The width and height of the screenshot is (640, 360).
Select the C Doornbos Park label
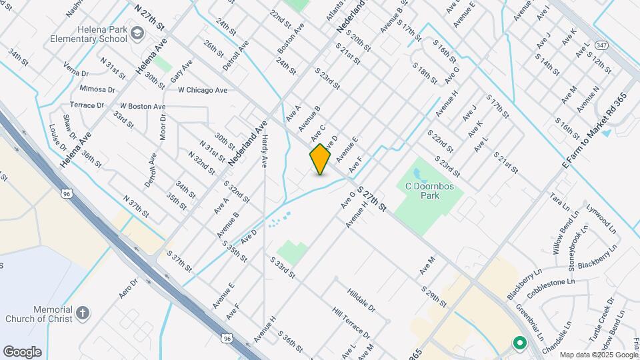click(430, 191)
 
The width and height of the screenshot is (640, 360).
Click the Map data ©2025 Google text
click(598, 355)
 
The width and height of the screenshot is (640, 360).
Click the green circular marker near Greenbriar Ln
click(519, 343)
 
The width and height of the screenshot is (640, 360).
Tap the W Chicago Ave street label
click(202, 90)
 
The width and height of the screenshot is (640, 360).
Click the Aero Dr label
click(128, 288)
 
